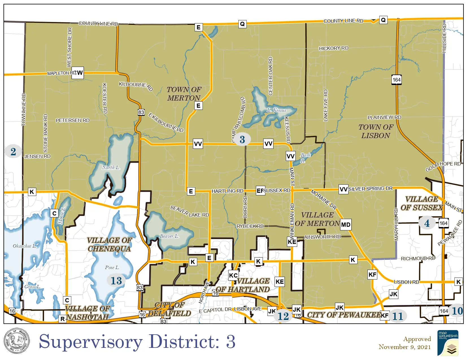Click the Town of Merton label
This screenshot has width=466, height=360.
click(184, 94)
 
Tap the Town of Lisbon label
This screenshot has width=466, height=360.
click(376, 131)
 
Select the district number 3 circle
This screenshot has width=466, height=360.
click(242, 139)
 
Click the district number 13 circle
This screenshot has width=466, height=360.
click(116, 281)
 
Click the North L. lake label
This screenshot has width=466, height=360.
click(111, 167)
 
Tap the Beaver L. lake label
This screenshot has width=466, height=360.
click(169, 236)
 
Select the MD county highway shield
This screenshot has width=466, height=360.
click(345, 225)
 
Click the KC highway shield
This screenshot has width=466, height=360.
click(233, 275)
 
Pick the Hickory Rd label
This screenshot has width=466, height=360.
click(334, 48)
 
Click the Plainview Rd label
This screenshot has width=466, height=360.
click(384, 117)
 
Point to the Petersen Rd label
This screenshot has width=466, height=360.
click(73, 120)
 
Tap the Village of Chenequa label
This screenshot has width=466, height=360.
click(109, 245)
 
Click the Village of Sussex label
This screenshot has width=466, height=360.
click(421, 203)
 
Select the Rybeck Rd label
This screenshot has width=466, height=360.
click(250, 226)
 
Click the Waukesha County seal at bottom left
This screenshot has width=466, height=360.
click(16, 341)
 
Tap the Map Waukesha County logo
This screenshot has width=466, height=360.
click(448, 342)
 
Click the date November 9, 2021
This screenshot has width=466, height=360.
click(404, 347)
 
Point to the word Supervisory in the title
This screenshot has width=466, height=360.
click(91, 342)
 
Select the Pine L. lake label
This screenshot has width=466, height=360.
click(112, 267)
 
